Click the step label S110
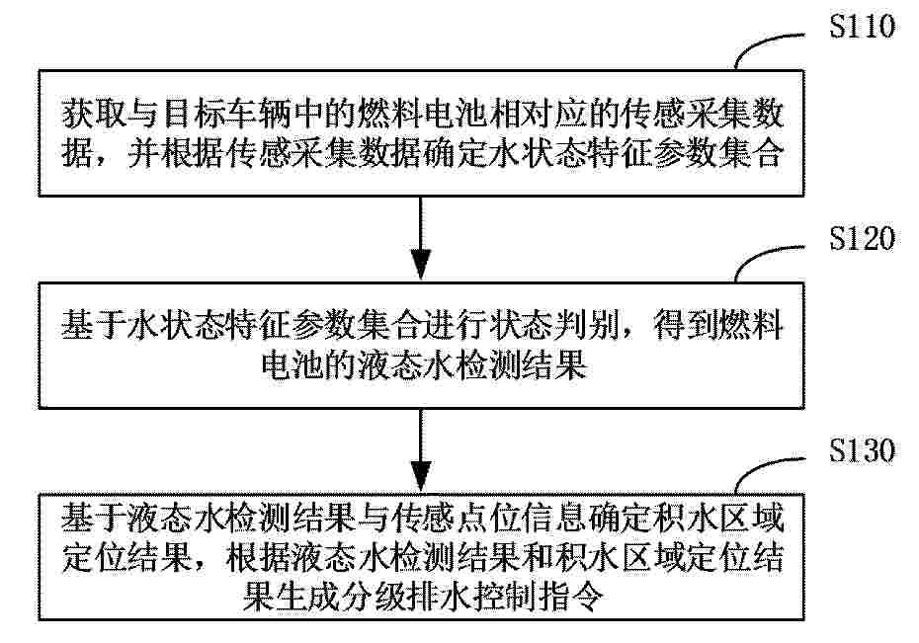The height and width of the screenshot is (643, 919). tap(862, 26)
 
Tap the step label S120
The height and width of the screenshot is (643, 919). tap(862, 238)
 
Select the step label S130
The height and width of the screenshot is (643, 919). tap(862, 449)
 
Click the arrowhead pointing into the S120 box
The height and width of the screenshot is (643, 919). tap(421, 265)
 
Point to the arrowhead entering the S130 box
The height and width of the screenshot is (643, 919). tap(421, 476)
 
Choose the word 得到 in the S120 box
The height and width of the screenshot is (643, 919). tap(687, 325)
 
